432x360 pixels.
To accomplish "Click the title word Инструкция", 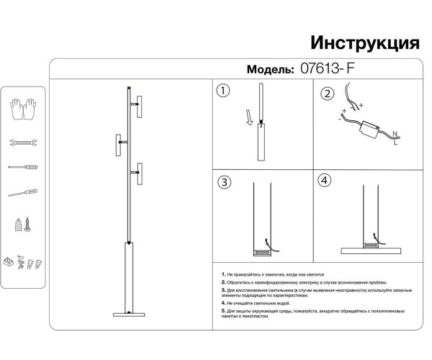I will pos(364,41).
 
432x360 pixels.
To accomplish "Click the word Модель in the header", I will pos(271,70).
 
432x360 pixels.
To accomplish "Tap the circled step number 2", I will pos(328,95).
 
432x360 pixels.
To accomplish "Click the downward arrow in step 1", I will pos(248,118).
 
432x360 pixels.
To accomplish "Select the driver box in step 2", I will pos(372,130).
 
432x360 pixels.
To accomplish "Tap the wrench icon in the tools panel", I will pos(23,143).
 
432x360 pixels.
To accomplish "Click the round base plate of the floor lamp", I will pos(130,313).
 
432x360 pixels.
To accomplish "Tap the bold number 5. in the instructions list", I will pos(225,311).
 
